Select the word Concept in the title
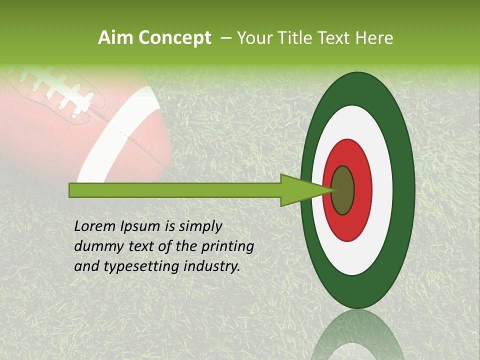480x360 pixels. pyautogui.click(x=175, y=38)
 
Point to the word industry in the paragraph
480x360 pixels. pyautogui.click(x=212, y=266)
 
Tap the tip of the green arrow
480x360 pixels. pyautogui.click(x=332, y=190)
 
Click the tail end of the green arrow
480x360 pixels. pyautogui.click(x=71, y=190)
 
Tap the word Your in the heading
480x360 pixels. pyautogui.click(x=252, y=38)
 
